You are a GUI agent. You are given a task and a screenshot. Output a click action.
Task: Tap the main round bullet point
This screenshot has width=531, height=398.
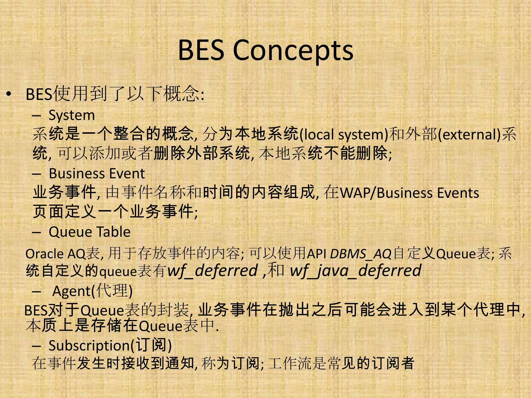coord(9,94)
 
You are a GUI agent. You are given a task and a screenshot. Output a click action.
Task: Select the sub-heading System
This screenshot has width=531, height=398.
coord(72,115)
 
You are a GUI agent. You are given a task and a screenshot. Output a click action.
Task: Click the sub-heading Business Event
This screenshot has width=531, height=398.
coord(96,173)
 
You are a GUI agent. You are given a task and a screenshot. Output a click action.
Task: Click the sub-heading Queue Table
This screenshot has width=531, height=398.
coord(89,232)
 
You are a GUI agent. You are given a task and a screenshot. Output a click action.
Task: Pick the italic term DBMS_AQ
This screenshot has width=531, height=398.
coord(361,254)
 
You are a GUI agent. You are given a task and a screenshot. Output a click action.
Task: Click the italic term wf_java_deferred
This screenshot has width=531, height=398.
coord(355,271)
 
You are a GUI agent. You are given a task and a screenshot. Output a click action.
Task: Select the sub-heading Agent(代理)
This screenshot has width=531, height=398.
coord(92,291)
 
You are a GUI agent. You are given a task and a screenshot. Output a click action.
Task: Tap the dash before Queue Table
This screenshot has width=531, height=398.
coord(37,232)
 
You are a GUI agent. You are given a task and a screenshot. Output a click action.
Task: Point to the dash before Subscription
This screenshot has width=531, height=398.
coord(37,346)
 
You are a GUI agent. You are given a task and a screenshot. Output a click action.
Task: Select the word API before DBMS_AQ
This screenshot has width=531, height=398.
coord(316,254)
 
